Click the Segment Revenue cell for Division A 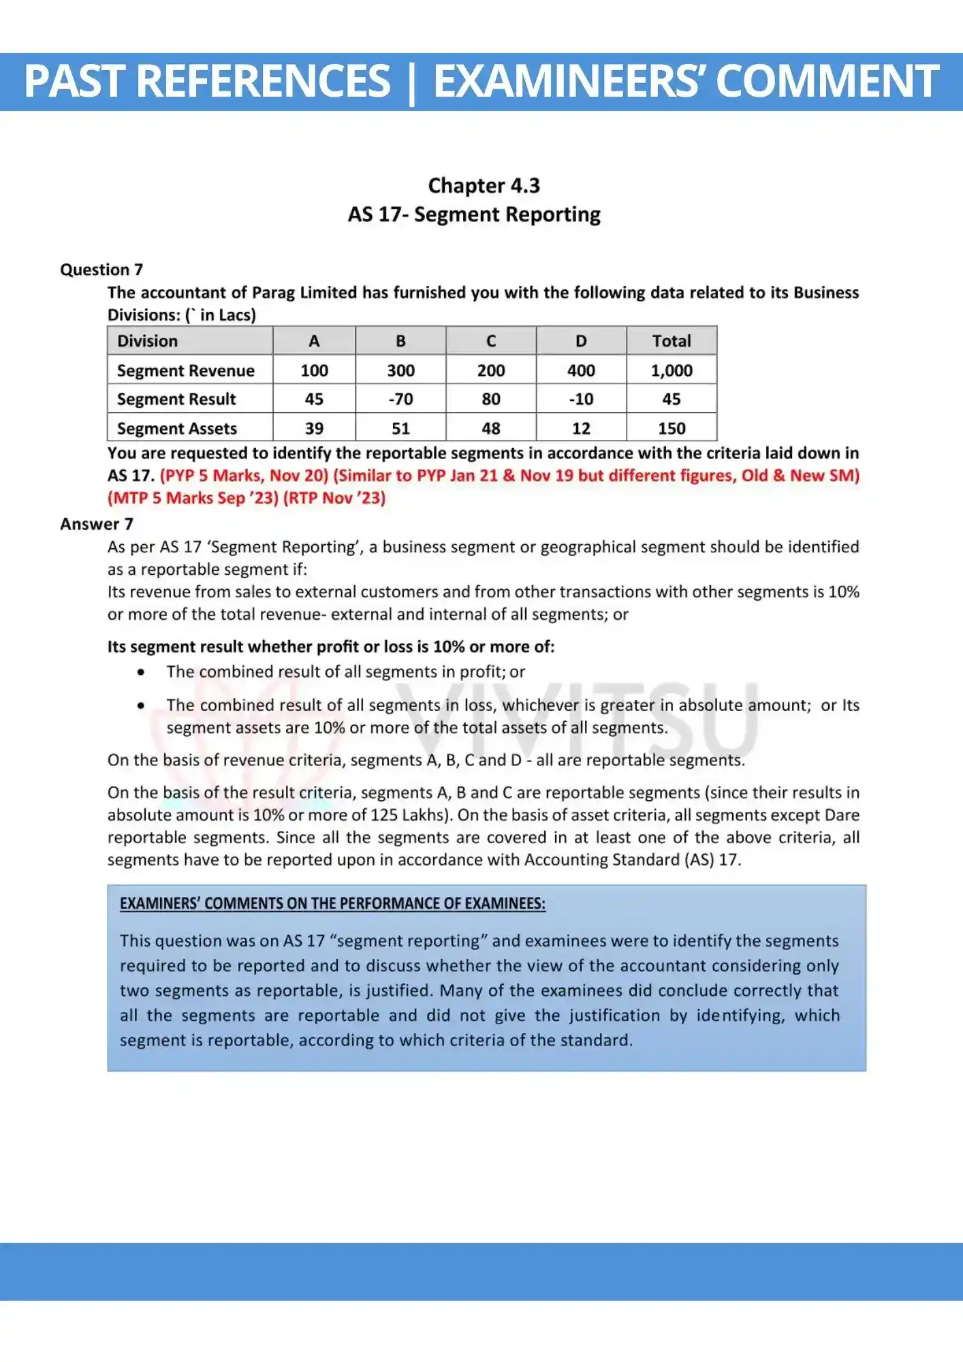pyautogui.click(x=314, y=370)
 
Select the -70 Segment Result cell pyautogui.click(x=400, y=399)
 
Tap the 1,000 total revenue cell pyautogui.click(x=671, y=370)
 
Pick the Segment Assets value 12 pyautogui.click(x=581, y=428)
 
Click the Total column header pyautogui.click(x=671, y=341)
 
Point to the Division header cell pyautogui.click(x=148, y=341)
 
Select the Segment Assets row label pyautogui.click(x=177, y=428)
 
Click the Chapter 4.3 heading pyautogui.click(x=484, y=186)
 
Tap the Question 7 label pyautogui.click(x=101, y=270)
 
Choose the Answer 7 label pyautogui.click(x=97, y=524)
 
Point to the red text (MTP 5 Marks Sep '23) pyautogui.click(x=193, y=498)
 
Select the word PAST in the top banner pyautogui.click(x=75, y=81)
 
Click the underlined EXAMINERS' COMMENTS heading pyautogui.click(x=332, y=904)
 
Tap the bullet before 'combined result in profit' pyautogui.click(x=141, y=672)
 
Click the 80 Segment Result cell pyautogui.click(x=490, y=399)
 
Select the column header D pyautogui.click(x=581, y=341)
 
